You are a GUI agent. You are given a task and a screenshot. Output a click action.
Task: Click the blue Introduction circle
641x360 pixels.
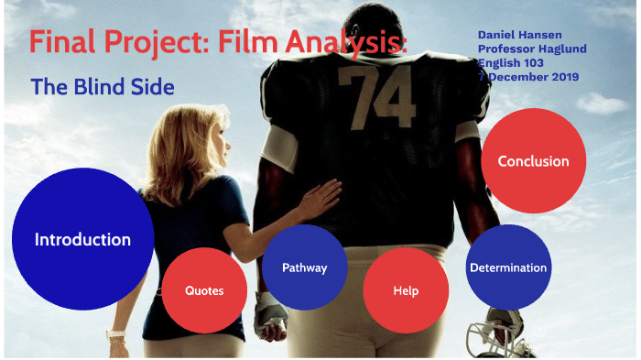click(x=82, y=239)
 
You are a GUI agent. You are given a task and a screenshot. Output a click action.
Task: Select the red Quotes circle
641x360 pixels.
click(x=203, y=290)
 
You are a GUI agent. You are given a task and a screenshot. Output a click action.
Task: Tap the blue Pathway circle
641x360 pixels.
click(x=304, y=267)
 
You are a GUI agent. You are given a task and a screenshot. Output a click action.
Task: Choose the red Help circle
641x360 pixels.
click(x=406, y=290)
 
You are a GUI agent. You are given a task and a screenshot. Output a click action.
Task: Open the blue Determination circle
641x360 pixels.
click(x=508, y=267)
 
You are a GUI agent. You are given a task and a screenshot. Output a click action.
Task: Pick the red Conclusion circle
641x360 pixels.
click(x=533, y=161)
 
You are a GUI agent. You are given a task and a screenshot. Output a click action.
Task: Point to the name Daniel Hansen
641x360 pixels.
click(x=513, y=34)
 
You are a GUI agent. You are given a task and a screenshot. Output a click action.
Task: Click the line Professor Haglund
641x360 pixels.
click(x=532, y=49)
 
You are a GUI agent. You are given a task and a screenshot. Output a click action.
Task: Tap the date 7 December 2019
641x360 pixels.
click(x=528, y=77)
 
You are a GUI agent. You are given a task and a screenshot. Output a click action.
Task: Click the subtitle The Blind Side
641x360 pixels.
click(x=103, y=87)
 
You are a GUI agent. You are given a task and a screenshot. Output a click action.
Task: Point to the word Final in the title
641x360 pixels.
click(x=60, y=42)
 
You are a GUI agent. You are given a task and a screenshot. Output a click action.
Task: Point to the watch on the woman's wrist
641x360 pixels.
click(x=116, y=336)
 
